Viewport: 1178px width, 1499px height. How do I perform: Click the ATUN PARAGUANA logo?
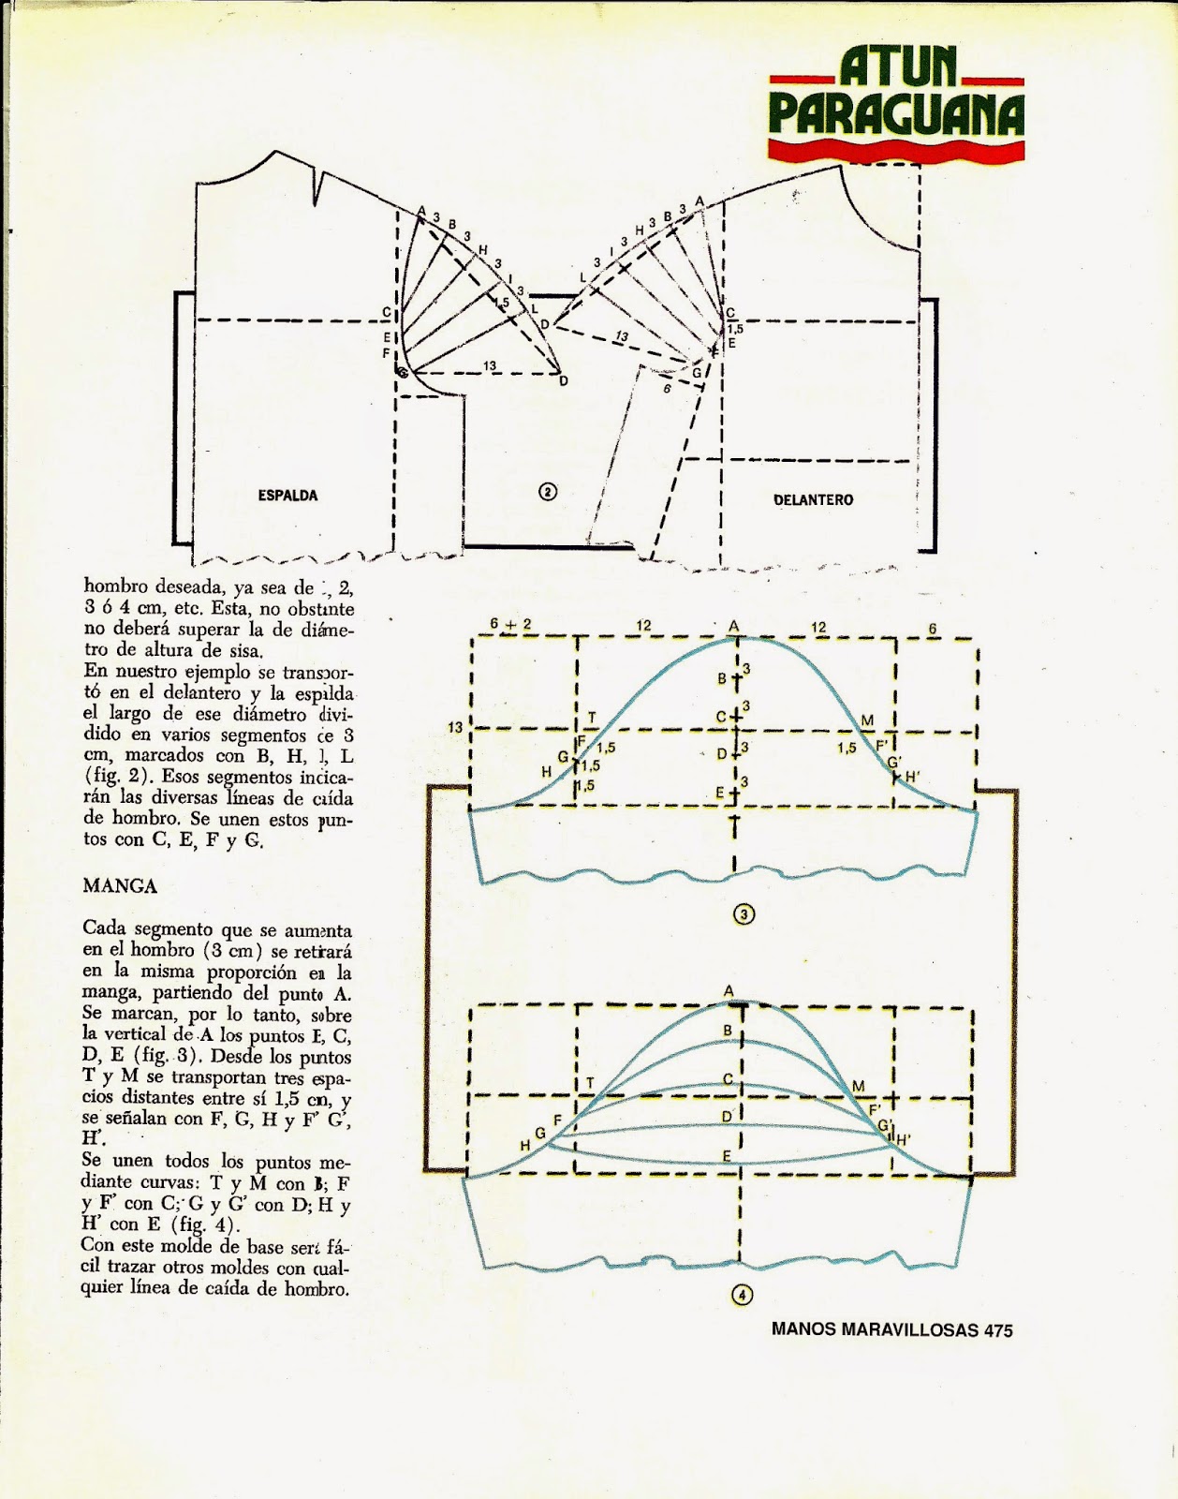tap(896, 101)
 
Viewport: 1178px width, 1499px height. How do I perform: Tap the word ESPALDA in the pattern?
tap(287, 495)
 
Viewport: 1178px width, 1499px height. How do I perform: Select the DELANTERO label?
tap(813, 499)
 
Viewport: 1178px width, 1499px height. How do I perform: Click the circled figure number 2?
tap(548, 491)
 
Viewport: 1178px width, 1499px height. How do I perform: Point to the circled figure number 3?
tap(743, 915)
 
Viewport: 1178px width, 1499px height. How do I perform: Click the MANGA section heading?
tap(120, 885)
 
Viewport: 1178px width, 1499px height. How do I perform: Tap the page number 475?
tap(998, 1329)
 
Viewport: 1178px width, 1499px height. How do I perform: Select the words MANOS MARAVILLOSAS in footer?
tap(875, 1329)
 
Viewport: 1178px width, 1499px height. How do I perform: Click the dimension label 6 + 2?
tap(510, 624)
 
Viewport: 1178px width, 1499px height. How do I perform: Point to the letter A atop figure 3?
tap(734, 626)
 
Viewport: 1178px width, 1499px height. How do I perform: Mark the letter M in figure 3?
tap(867, 720)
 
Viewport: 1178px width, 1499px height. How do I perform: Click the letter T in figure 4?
tap(590, 1083)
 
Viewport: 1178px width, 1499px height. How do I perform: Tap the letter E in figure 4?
tap(727, 1156)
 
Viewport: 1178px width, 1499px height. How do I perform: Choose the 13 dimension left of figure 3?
tap(455, 727)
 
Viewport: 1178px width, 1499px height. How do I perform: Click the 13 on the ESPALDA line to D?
tap(490, 366)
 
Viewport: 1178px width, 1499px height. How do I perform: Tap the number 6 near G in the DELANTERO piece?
tap(667, 388)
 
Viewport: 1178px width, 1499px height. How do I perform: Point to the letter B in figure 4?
tap(728, 1031)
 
